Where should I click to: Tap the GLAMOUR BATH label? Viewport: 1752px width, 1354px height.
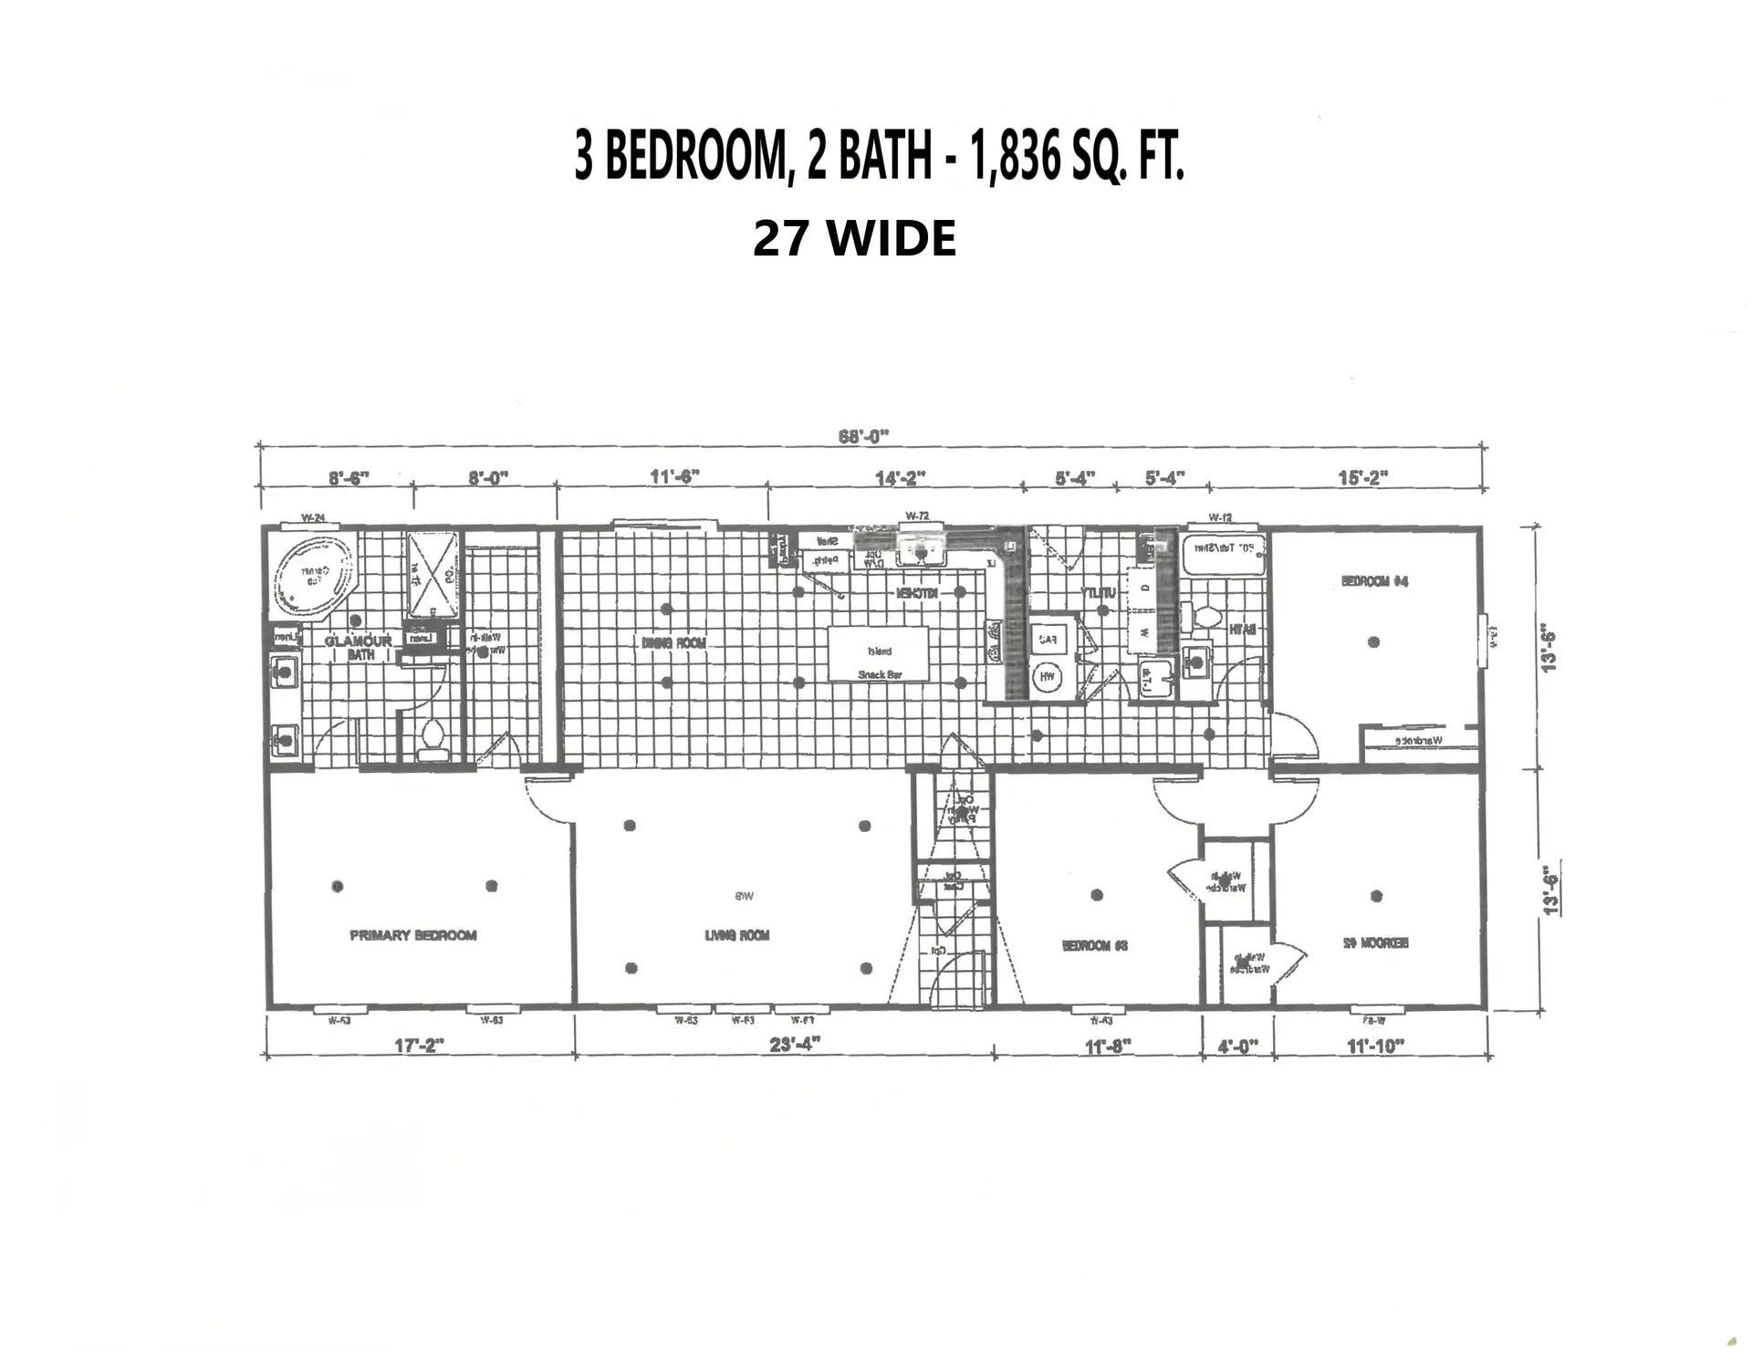coord(360,647)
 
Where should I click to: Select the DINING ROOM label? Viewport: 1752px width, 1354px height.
coord(673,643)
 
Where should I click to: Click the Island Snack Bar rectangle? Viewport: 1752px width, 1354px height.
coord(879,654)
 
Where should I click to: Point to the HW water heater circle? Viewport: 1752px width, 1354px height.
coord(1047,677)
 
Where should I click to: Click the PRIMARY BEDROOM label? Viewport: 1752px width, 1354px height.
coord(413,935)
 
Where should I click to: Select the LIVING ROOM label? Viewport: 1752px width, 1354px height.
coord(736,935)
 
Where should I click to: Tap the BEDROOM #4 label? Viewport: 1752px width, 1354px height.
coord(1374,581)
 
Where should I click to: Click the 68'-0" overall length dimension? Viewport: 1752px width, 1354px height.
coord(863,436)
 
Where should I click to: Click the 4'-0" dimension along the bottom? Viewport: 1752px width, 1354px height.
coord(1236,1047)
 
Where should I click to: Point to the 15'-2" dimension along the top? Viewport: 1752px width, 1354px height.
coord(1361,477)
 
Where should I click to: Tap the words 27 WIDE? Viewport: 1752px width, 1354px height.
coord(854,239)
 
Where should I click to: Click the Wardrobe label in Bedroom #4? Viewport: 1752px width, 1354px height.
coord(1417,739)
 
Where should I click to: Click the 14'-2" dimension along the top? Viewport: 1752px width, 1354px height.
coord(900,477)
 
